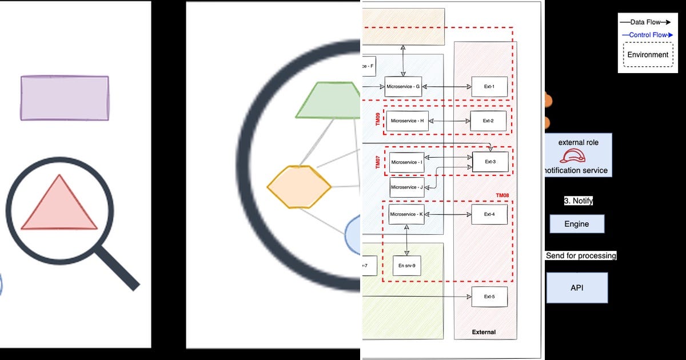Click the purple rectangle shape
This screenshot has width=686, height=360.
pyautogui.click(x=65, y=98)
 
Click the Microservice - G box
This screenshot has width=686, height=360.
pyautogui.click(x=403, y=87)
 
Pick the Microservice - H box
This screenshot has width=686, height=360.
pyautogui.click(x=408, y=121)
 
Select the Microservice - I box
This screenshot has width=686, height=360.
pyautogui.click(x=406, y=162)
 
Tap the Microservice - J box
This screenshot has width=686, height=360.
pyautogui.click(x=407, y=187)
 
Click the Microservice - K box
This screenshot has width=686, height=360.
pyautogui.click(x=406, y=214)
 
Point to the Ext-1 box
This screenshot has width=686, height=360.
pyautogui.click(x=489, y=87)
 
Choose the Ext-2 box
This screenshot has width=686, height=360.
pyautogui.click(x=488, y=121)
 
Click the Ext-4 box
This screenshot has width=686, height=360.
pyautogui.click(x=489, y=214)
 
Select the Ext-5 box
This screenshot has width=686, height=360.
pyautogui.click(x=489, y=297)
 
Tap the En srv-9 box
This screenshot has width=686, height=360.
pyautogui.click(x=407, y=265)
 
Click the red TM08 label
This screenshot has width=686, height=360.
pyautogui.click(x=502, y=195)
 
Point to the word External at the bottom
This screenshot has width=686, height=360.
pyautogui.click(x=484, y=332)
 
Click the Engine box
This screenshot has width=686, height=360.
pyautogui.click(x=576, y=224)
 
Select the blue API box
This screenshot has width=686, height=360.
pyautogui.click(x=577, y=288)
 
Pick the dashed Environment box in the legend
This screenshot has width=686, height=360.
pyautogui.click(x=648, y=55)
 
